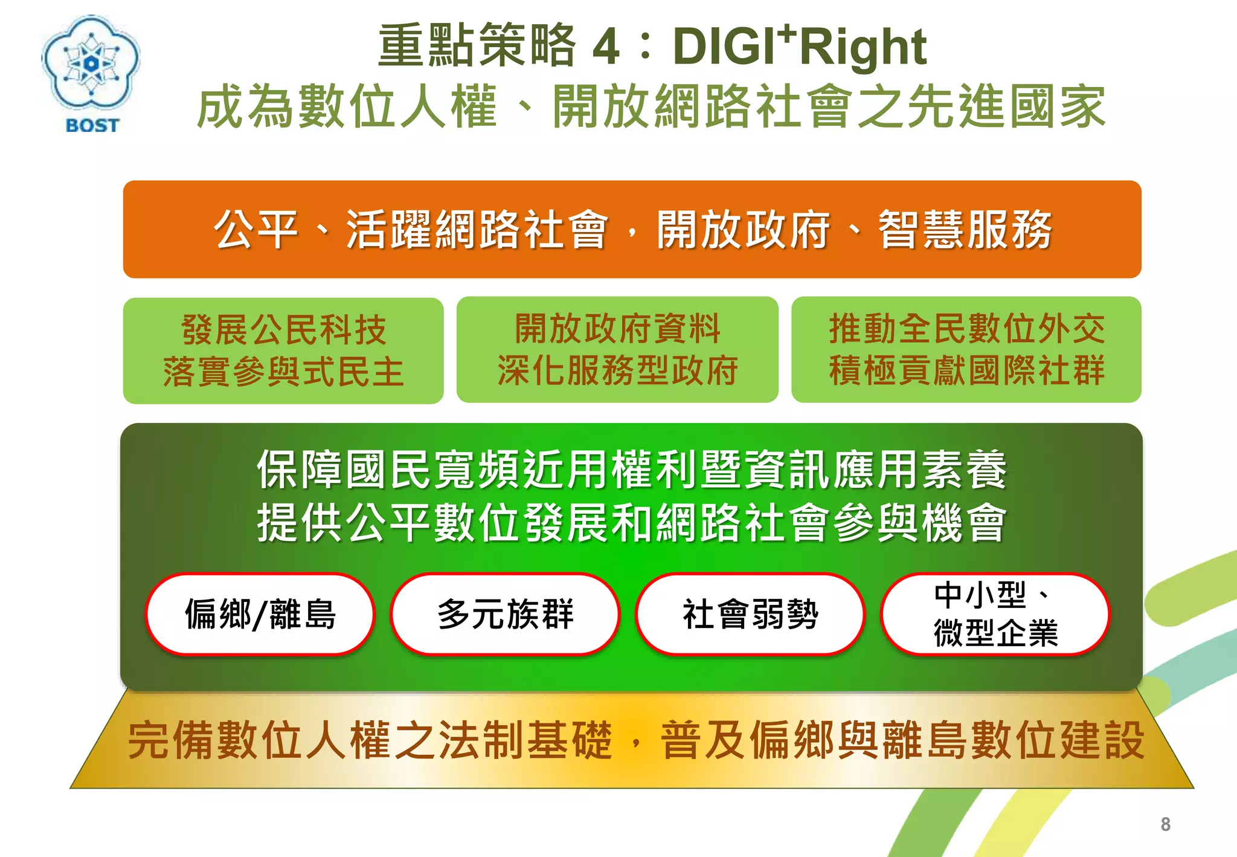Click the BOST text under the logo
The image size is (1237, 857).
click(92, 126)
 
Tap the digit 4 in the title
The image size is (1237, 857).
click(605, 47)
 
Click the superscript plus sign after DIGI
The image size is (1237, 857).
click(786, 33)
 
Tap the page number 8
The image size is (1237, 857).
click(1165, 824)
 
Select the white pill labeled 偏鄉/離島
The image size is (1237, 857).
click(260, 614)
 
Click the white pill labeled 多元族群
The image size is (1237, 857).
click(505, 614)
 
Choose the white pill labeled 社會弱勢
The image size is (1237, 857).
click(750, 614)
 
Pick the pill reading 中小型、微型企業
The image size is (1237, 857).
click(995, 614)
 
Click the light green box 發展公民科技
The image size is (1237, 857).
click(283, 351)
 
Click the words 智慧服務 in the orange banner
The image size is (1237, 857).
click(965, 230)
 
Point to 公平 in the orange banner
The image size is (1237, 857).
click(256, 230)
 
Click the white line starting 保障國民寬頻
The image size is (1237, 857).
click(631, 469)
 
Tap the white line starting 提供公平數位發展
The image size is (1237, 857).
click(631, 522)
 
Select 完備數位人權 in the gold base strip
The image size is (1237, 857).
click(260, 740)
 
